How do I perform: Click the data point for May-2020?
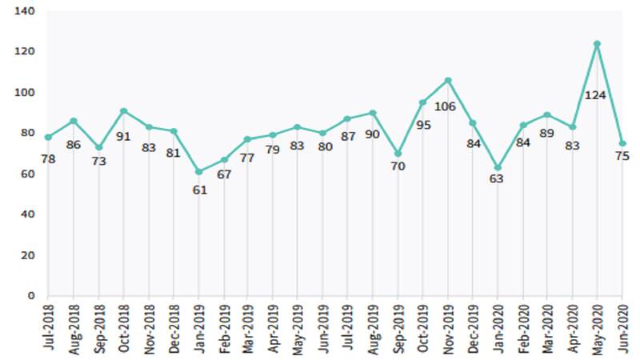click(x=597, y=43)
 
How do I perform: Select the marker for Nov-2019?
click(x=447, y=80)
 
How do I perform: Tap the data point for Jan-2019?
click(x=198, y=172)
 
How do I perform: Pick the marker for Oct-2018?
click(x=123, y=110)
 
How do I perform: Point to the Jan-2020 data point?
click(x=498, y=168)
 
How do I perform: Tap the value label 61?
click(x=200, y=190)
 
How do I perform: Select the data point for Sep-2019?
click(x=398, y=154)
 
